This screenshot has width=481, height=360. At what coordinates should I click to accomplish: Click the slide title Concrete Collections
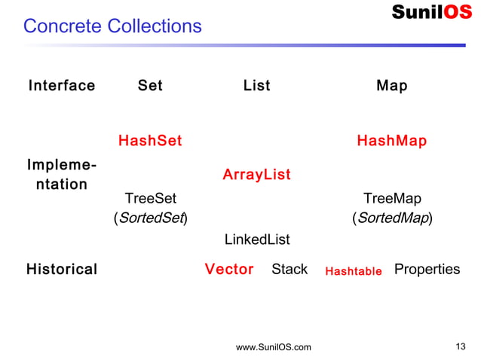click(x=112, y=26)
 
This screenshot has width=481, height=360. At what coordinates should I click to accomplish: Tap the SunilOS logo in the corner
click(x=431, y=12)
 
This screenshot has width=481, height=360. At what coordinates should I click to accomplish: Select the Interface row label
click(x=62, y=86)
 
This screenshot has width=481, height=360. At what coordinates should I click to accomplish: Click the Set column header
click(x=150, y=86)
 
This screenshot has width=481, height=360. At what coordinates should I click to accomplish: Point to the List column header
click(x=256, y=86)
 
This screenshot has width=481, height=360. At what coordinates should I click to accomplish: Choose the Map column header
click(x=391, y=86)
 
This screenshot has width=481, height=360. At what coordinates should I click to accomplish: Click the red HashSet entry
click(x=150, y=141)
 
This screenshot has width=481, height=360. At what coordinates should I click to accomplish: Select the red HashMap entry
click(x=391, y=141)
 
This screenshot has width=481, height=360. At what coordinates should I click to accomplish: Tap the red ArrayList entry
click(x=256, y=175)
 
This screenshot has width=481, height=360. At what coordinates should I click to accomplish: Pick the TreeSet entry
click(x=150, y=199)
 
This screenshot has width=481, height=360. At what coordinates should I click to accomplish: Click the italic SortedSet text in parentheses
click(x=150, y=219)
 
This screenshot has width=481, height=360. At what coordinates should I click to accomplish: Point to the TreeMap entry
click(x=392, y=199)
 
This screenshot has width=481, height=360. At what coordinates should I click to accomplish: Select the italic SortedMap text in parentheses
click(x=392, y=219)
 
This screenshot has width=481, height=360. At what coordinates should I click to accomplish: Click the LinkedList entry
click(x=257, y=239)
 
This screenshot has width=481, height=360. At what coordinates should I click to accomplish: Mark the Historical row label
click(x=62, y=270)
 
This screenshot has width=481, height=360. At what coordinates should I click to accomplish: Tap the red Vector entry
click(x=229, y=270)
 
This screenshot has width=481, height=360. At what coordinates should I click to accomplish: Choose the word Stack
click(x=290, y=270)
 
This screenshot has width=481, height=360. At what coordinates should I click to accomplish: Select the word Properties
click(x=427, y=270)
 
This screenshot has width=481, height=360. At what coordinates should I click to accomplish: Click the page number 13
click(x=461, y=346)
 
